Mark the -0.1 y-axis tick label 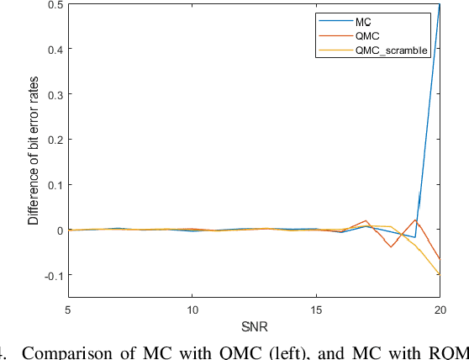click(53, 275)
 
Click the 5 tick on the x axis click(68, 310)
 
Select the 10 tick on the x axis click(192, 310)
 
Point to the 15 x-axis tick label click(316, 310)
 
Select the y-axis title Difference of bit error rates click(34, 150)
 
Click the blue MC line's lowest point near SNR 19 click(414, 237)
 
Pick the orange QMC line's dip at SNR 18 click(390, 246)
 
